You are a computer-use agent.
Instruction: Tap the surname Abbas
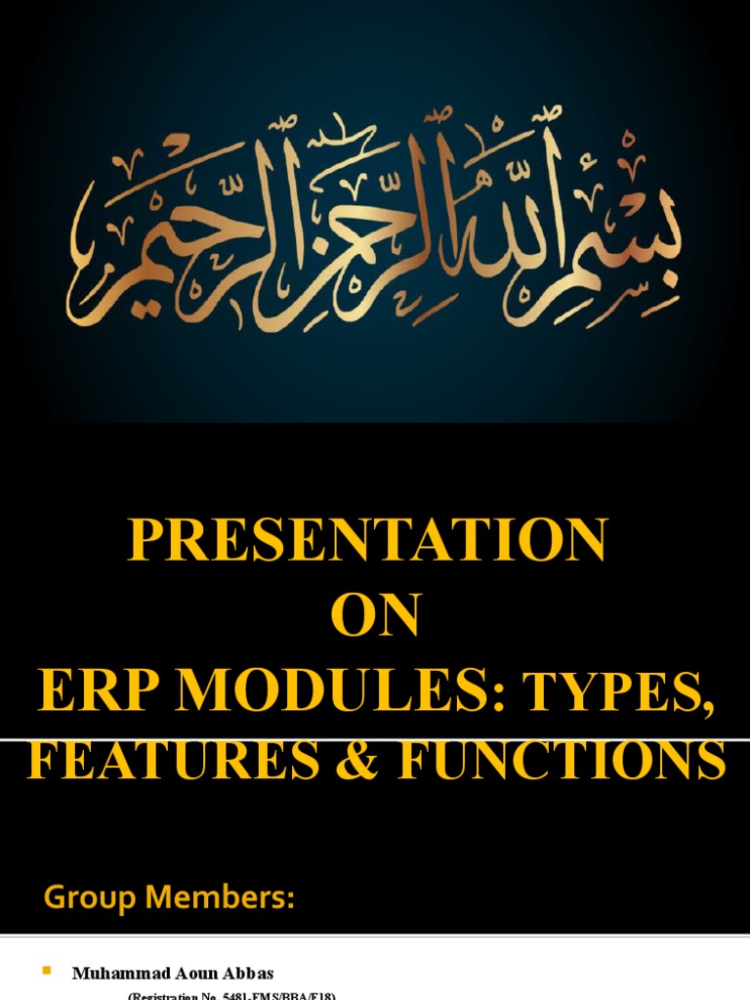(251, 973)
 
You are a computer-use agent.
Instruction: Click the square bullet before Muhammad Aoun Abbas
(45, 971)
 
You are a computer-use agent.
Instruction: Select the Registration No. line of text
(232, 995)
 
